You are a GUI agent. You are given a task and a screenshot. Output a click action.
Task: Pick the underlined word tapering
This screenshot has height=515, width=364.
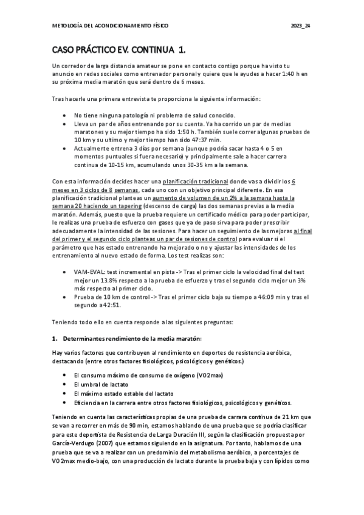click(124, 205)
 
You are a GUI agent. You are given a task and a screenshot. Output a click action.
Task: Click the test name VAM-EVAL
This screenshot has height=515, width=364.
click(90, 272)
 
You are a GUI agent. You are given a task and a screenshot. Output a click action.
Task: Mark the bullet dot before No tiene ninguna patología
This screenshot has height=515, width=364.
click(65, 115)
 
